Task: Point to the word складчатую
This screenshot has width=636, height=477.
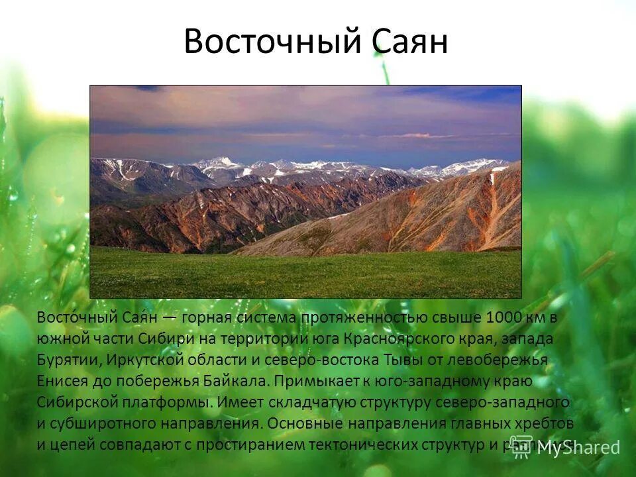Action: (x=309, y=402)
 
